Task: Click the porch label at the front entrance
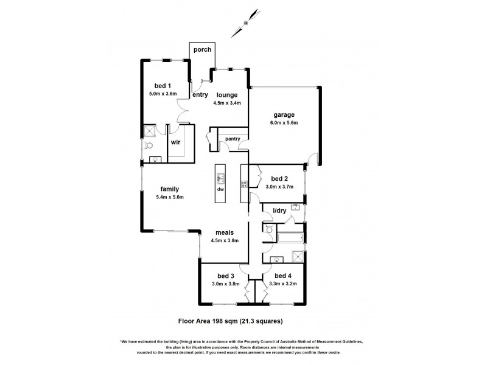202,49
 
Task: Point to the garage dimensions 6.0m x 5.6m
284,122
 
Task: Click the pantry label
232,139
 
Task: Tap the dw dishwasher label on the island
220,189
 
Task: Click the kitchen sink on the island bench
220,178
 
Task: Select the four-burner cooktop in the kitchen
245,181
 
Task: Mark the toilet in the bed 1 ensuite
148,145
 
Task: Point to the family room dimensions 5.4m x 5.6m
169,196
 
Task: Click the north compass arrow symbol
245,23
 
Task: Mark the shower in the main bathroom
297,257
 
